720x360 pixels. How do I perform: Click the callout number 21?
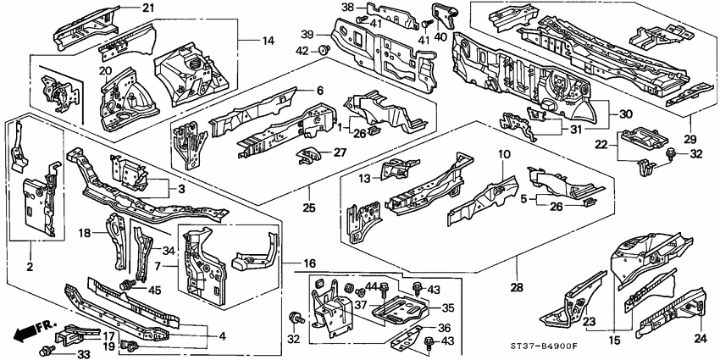coord(148,8)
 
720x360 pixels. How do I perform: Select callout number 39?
coord(308,35)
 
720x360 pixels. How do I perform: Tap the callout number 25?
coord(310,208)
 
